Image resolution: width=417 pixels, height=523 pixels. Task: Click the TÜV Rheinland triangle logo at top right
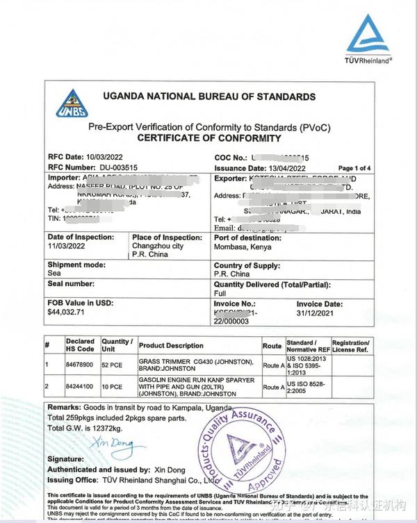[369, 35]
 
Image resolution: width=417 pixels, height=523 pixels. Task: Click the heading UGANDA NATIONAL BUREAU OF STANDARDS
[208, 97]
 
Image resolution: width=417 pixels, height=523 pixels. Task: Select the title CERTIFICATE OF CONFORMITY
[208, 138]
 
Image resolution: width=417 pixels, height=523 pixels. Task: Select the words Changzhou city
[158, 247]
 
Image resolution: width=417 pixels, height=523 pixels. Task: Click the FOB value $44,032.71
[66, 313]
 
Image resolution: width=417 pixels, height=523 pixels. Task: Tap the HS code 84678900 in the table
[80, 363]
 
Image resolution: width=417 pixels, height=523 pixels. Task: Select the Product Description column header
[172, 345]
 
